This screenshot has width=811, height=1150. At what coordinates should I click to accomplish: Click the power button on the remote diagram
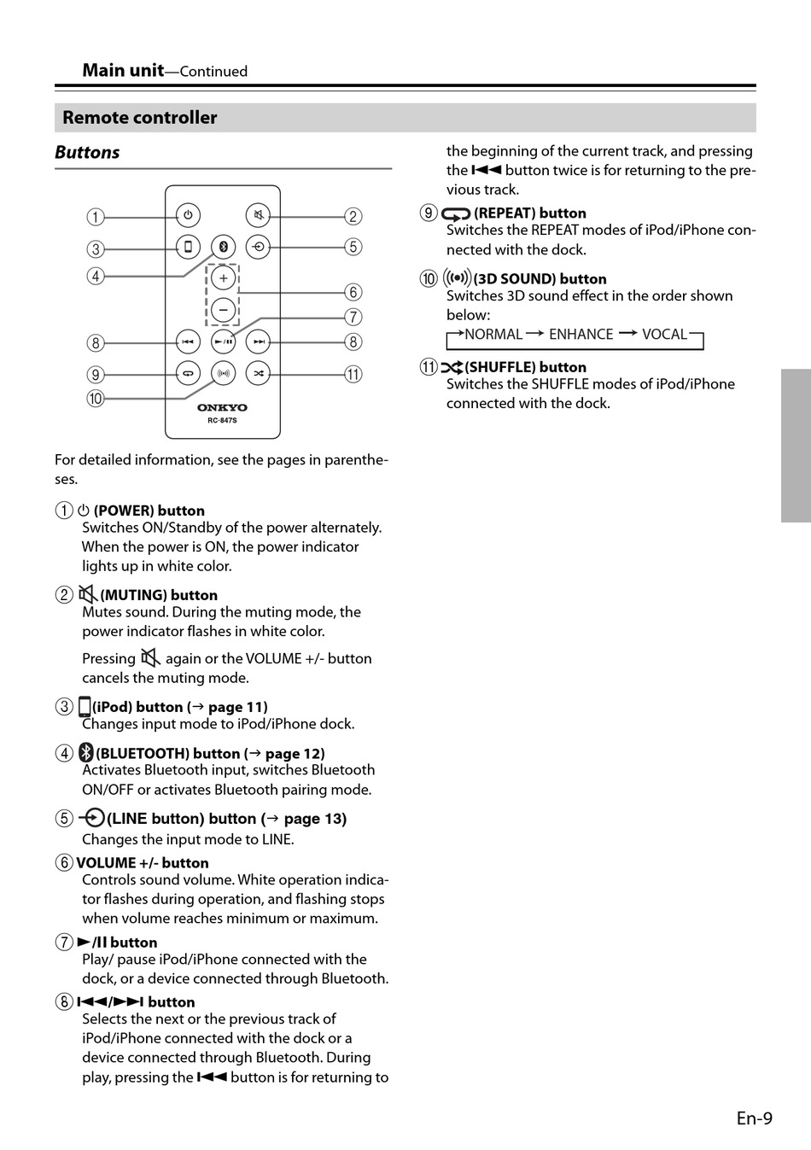tap(188, 215)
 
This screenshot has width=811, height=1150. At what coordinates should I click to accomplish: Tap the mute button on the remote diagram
tap(258, 215)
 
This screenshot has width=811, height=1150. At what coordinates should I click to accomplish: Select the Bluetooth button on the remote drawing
tap(224, 247)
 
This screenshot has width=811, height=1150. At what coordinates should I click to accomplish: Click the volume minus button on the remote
tap(224, 310)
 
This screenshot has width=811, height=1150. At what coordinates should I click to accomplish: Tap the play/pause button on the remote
tap(224, 341)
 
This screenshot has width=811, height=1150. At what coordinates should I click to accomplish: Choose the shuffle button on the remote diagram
tap(258, 373)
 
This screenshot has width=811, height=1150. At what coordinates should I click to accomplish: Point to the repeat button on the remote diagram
tap(188, 373)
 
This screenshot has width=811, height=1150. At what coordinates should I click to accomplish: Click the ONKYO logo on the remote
tap(222, 407)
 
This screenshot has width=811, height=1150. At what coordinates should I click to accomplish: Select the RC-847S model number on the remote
tap(222, 420)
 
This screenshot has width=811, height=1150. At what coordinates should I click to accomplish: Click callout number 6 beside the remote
tap(353, 292)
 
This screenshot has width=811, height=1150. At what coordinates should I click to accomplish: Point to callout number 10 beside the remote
tap(96, 399)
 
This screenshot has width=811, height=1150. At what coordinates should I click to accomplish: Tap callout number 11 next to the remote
tap(353, 374)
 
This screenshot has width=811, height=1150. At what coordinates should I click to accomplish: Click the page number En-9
tap(754, 1118)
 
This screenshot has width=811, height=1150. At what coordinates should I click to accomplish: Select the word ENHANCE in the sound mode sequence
tap(581, 334)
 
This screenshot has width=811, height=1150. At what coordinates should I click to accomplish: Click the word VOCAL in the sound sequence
tap(664, 334)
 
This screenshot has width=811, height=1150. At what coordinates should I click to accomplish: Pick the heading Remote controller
tap(140, 118)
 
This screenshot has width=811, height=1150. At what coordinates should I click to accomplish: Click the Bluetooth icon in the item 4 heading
tap(86, 753)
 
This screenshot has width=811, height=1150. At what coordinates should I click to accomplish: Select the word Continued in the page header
tap(213, 71)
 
